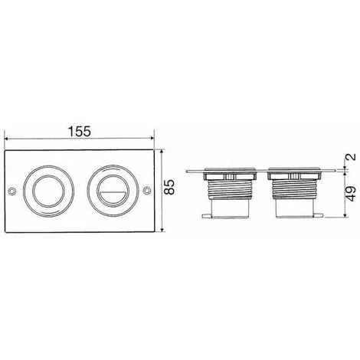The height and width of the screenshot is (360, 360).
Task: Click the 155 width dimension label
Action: [x=80, y=132]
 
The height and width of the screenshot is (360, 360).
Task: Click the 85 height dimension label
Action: [x=169, y=187]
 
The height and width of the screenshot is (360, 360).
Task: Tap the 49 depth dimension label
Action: [x=352, y=194]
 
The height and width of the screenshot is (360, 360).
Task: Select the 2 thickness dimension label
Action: [x=352, y=156]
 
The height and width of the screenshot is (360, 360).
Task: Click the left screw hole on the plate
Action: [x=11, y=191]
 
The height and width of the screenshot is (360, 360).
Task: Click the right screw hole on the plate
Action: [x=147, y=191]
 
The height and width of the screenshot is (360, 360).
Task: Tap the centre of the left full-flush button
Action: [x=48, y=191]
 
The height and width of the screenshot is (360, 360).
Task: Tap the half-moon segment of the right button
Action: [x=113, y=197]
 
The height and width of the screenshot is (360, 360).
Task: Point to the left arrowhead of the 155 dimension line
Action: [x=7, y=139]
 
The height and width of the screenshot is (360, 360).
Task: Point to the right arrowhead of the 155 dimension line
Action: [x=152, y=138]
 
